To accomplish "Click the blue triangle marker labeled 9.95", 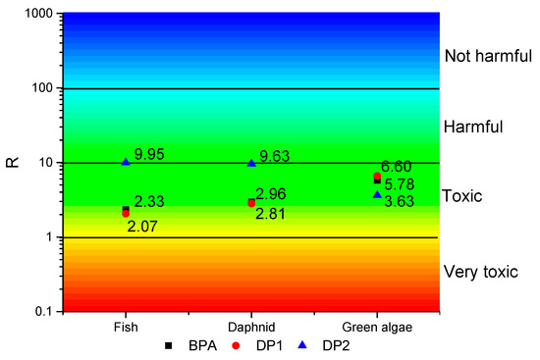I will click(x=126, y=162).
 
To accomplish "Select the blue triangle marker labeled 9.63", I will click(x=251, y=163).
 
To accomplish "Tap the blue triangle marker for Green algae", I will click(x=377, y=194).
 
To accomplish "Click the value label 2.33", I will click(x=148, y=202).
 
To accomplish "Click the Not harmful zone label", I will click(x=484, y=56).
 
